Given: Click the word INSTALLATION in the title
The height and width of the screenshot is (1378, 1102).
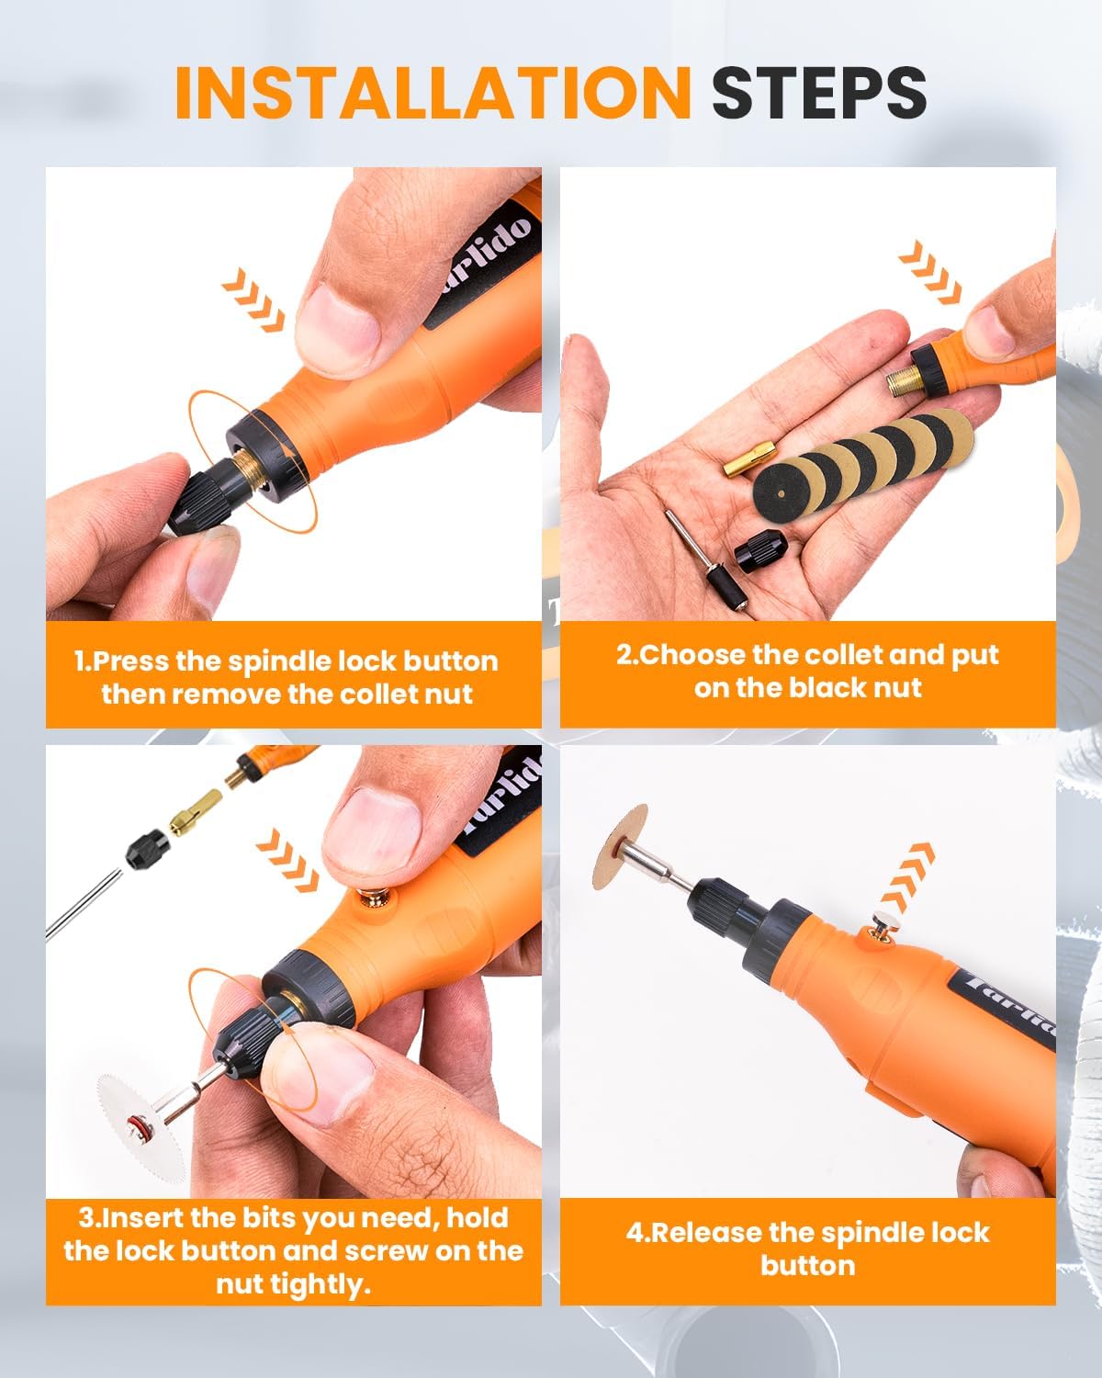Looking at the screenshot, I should pyautogui.click(x=432, y=92).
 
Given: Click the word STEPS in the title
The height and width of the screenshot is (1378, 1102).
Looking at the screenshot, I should pyautogui.click(x=818, y=92).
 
